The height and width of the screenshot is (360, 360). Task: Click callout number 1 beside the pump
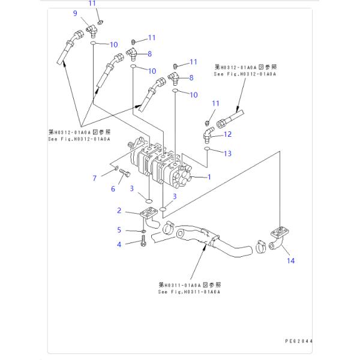(x=209, y=177)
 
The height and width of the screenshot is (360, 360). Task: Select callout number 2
(x=119, y=210)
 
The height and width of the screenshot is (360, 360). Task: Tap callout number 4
(x=119, y=244)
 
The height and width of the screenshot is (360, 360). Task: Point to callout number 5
(x=119, y=230)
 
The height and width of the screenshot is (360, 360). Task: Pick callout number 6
(x=112, y=190)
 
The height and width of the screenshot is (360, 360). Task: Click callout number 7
(x=94, y=178)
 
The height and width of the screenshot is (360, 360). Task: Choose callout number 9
(x=76, y=13)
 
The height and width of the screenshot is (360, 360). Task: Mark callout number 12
(x=227, y=134)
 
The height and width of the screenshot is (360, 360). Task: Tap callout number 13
(x=227, y=154)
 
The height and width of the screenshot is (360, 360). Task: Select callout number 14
(x=290, y=260)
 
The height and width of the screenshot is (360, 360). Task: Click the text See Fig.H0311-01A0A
(x=190, y=292)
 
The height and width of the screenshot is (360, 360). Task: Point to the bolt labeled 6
(x=124, y=174)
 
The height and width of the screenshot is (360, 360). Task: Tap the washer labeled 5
(x=144, y=232)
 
